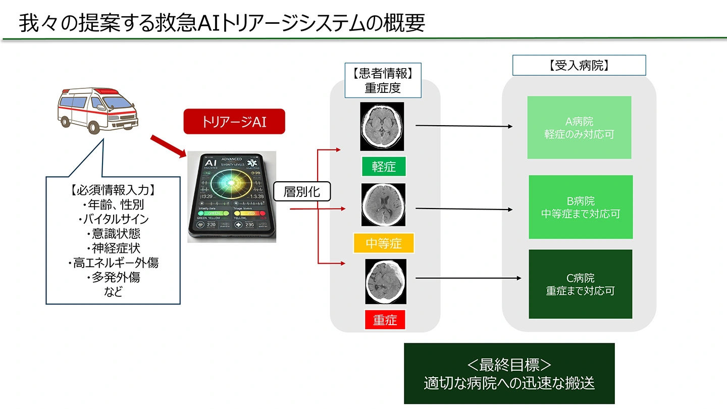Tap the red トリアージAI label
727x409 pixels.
tap(234, 122)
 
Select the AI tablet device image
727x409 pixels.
tap(232, 196)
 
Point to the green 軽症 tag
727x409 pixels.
tap(384, 166)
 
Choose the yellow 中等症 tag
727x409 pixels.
tap(384, 243)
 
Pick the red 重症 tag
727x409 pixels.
tap(385, 320)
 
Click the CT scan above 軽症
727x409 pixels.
tap(382, 126)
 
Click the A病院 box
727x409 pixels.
tap(579, 128)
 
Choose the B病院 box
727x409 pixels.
tap(581, 207)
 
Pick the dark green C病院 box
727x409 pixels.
tap(581, 284)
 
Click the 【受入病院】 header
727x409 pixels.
tap(579, 65)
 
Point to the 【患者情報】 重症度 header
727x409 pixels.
tap(383, 80)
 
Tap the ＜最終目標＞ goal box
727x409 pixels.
tap(509, 374)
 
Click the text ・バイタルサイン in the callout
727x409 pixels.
tap(113, 219)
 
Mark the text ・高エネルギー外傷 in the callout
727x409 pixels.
tap(113, 263)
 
